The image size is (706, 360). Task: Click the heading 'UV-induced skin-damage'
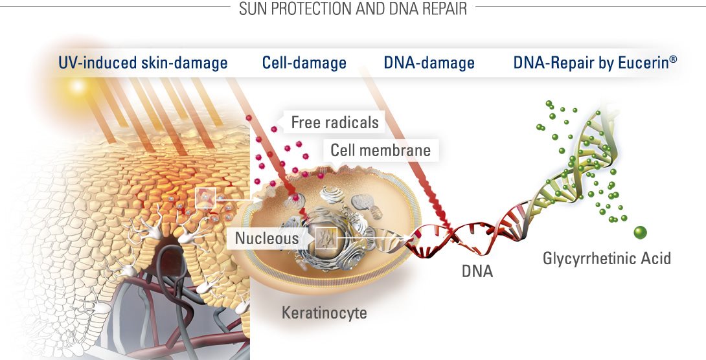[142, 63]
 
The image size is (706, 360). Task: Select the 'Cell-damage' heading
[304, 63]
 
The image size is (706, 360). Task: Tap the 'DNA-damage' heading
[429, 63]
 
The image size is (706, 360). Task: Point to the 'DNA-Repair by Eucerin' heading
[595, 63]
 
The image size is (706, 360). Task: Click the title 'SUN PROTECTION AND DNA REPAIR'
[353, 8]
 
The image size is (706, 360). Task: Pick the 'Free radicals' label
[335, 122]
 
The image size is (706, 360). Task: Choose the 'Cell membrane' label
[380, 150]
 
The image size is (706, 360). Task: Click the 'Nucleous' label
[267, 238]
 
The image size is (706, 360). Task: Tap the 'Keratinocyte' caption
[325, 312]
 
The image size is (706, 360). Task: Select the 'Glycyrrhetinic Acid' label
[607, 258]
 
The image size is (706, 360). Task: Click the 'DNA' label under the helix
[477, 271]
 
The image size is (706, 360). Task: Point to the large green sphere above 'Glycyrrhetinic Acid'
[640, 232]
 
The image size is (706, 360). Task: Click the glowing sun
[78, 86]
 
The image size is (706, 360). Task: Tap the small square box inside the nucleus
[326, 238]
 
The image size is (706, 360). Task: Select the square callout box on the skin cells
[205, 198]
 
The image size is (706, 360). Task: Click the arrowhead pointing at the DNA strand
[408, 238]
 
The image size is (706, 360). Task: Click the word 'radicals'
[352, 122]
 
